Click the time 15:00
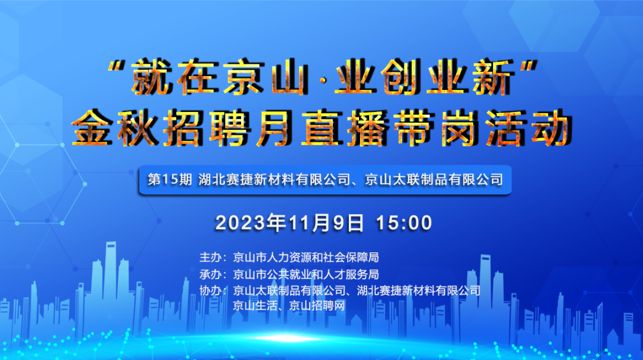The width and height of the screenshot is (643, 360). click(404, 223)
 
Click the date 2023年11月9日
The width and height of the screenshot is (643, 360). click(289, 223)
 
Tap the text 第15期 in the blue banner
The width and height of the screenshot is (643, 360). click(170, 180)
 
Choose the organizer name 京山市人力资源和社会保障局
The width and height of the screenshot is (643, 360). click(306, 258)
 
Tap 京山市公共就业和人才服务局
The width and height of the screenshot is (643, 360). click(306, 274)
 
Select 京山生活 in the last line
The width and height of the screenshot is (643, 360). click(255, 306)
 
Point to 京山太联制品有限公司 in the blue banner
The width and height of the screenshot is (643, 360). click(434, 180)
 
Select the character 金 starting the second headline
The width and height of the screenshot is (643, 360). click(93, 128)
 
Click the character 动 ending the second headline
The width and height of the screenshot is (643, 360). click(551, 128)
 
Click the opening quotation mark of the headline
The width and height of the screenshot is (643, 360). click(117, 66)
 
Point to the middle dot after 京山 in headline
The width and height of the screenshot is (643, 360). click(322, 79)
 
